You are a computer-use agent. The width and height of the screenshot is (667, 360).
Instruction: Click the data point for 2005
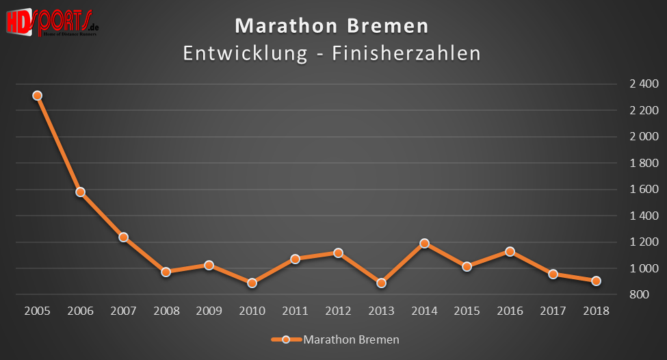[x=38, y=96]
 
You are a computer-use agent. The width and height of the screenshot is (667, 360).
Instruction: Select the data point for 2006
[x=81, y=192]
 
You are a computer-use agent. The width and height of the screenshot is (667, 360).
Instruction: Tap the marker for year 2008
[x=166, y=272]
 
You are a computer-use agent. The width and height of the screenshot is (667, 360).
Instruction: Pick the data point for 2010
[x=252, y=283]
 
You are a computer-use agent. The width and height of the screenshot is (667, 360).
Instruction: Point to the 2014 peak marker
[x=424, y=243]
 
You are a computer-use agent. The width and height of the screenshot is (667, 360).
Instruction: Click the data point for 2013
[x=381, y=283]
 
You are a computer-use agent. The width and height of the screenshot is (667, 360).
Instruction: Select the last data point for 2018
[x=596, y=281]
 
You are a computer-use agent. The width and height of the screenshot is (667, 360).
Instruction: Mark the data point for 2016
[x=510, y=251]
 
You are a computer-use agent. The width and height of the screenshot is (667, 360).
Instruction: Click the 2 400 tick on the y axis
[x=644, y=84]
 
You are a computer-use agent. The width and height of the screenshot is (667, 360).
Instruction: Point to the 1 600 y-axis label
[x=644, y=190]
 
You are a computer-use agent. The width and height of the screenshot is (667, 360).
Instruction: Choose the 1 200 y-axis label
[x=644, y=242]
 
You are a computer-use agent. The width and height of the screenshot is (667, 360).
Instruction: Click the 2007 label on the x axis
[x=123, y=311]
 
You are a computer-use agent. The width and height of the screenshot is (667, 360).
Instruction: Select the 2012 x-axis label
[x=338, y=311]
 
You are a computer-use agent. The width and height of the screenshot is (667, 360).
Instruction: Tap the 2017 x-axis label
[x=553, y=311]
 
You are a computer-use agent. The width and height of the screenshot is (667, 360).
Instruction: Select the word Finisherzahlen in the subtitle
[x=406, y=53]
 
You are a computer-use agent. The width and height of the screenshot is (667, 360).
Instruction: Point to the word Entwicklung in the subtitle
[x=245, y=53]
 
